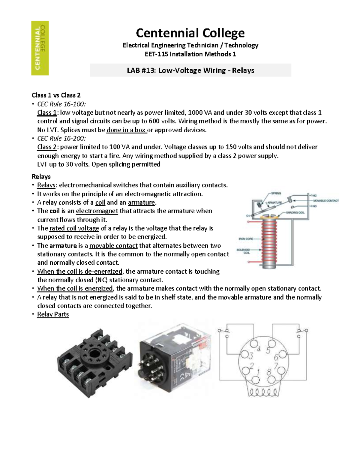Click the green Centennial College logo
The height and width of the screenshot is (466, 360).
pyautogui.click(x=40, y=48)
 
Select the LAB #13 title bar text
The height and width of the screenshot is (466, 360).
pyautogui.click(x=190, y=70)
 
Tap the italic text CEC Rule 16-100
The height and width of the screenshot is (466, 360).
pyautogui.click(x=61, y=104)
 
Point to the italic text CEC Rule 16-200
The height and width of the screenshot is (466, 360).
pyautogui.click(x=61, y=138)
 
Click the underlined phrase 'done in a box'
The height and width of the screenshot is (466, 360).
pyautogui.click(x=126, y=130)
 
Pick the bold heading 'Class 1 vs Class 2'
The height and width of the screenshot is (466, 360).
pyautogui.click(x=56, y=95)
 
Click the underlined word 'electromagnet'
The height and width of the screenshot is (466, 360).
pyautogui.click(x=97, y=211)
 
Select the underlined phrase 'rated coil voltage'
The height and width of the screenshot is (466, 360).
pyautogui.click(x=74, y=228)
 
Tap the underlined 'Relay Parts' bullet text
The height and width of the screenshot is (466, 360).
pyautogui.click(x=53, y=314)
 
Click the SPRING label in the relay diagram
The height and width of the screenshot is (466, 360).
pyautogui.click(x=276, y=193)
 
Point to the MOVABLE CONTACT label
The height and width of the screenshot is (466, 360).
pyautogui.click(x=326, y=200)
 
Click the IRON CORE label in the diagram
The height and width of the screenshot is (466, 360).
pyautogui.click(x=246, y=239)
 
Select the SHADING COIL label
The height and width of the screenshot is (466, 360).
pyautogui.click(x=295, y=212)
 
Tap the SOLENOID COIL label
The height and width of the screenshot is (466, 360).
pyautogui.click(x=243, y=251)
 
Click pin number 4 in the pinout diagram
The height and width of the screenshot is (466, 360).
pyautogui.click(x=259, y=349)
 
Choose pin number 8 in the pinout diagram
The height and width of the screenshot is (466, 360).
pyautogui.click(x=269, y=372)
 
